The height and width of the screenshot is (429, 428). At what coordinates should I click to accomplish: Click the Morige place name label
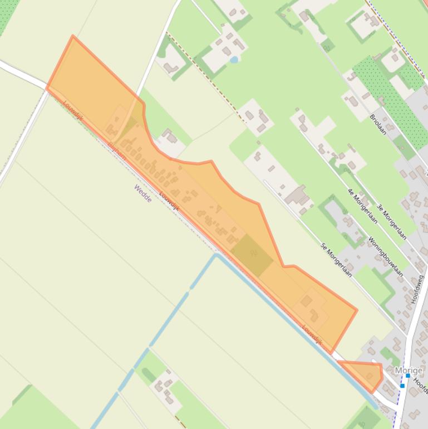coord(409,370)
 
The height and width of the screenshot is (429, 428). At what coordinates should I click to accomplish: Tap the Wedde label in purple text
coord(142,193)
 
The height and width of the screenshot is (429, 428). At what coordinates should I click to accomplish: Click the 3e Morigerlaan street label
coord(391,222)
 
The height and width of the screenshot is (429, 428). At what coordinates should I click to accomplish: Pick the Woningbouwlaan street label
coord(386,257)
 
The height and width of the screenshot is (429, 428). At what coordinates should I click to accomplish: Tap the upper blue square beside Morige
coord(408,376)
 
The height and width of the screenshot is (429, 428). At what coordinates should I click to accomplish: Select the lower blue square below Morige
coord(402,386)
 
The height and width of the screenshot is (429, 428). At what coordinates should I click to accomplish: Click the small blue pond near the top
coord(234,59)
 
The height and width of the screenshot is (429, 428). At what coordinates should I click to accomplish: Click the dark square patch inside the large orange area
coord(252,255)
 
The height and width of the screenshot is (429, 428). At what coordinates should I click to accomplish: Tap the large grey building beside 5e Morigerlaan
coord(297,196)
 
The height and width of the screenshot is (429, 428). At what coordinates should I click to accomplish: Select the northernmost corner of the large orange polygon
coord(73,37)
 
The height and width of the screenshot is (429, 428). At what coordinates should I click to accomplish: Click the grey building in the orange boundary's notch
coord(169,136)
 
